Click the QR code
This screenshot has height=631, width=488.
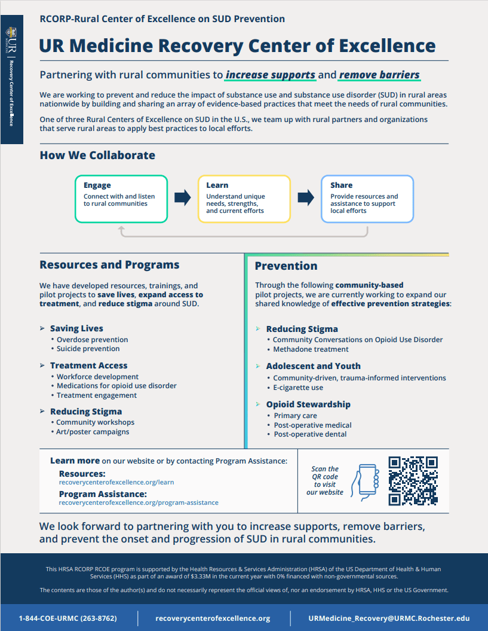click(413, 481)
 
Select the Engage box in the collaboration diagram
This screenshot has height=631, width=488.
click(121, 199)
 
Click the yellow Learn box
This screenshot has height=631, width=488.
click(244, 199)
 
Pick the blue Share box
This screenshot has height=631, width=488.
click(367, 199)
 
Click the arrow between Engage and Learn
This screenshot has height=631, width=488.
click(183, 197)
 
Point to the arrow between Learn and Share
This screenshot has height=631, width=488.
click(306, 197)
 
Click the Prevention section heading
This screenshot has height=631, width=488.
click(286, 266)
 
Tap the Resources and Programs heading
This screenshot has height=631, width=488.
click(109, 264)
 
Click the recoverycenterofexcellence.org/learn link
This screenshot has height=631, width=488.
click(116, 481)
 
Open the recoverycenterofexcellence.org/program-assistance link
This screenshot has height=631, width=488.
click(139, 502)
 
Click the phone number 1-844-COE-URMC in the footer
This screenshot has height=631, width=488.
click(67, 618)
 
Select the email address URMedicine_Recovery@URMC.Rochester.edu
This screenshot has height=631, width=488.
click(389, 618)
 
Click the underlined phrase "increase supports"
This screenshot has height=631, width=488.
click(271, 75)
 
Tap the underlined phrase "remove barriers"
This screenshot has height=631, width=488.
click(379, 75)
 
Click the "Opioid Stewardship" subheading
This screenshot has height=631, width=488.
click(308, 404)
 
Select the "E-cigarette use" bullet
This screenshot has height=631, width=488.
click(298, 388)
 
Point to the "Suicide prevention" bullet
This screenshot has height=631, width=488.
click(88, 349)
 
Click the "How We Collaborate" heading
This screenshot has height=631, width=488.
click(97, 156)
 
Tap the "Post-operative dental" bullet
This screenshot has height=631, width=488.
click(310, 434)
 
